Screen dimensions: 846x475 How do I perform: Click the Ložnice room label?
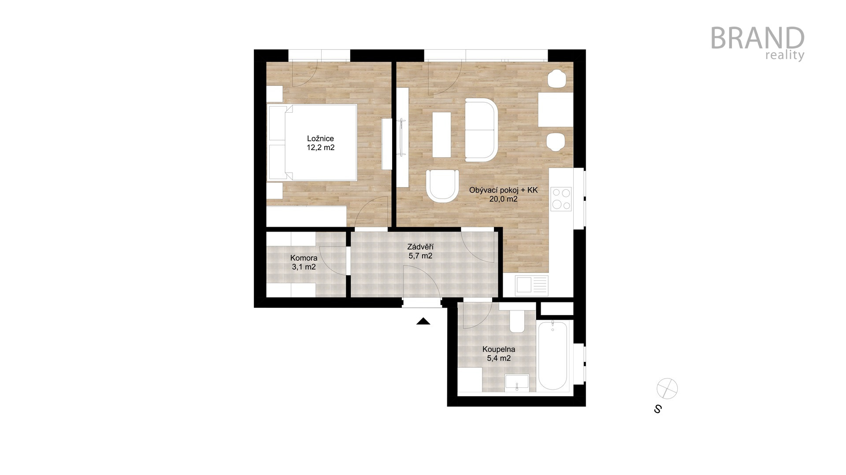click(320, 139)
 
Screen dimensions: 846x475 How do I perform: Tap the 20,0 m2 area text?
click(503, 199)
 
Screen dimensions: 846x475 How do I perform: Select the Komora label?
click(304, 258)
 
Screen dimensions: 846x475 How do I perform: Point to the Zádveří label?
click(420, 247)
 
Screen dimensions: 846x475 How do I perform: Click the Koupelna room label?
click(499, 350)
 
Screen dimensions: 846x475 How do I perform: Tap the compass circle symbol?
click(667, 388)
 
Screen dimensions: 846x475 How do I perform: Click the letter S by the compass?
click(658, 409)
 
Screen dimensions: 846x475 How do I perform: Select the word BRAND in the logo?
click(757, 38)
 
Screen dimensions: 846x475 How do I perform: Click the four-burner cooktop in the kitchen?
click(561, 199)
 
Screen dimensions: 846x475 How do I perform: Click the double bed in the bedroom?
click(312, 142)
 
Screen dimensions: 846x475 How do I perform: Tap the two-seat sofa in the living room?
click(482, 130)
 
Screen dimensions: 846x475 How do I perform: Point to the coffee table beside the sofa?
click(442, 135)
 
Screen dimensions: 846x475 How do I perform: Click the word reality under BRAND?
click(785, 55)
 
